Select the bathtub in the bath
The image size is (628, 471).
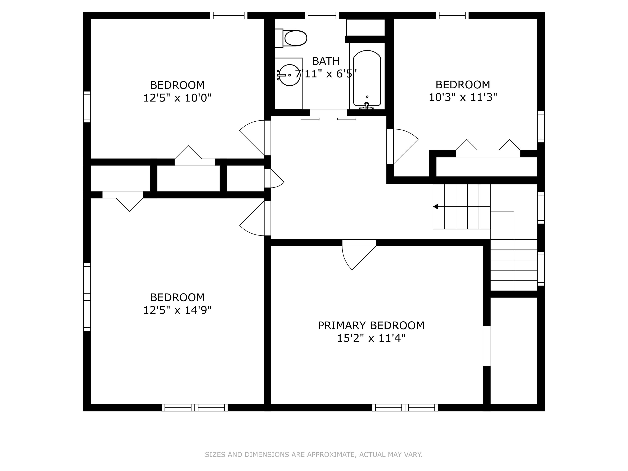click(x=367, y=78)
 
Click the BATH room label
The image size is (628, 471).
click(x=326, y=61)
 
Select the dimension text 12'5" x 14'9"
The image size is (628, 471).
click(x=177, y=310)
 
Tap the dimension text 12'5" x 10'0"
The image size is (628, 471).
click(x=177, y=98)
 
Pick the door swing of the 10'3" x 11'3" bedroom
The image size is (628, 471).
click(x=403, y=145)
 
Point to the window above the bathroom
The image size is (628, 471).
click(x=322, y=15)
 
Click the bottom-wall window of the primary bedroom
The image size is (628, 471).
click(x=405, y=408)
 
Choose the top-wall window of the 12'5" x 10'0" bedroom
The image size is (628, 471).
click(x=229, y=15)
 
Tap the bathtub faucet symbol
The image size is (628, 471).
click(x=367, y=106)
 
